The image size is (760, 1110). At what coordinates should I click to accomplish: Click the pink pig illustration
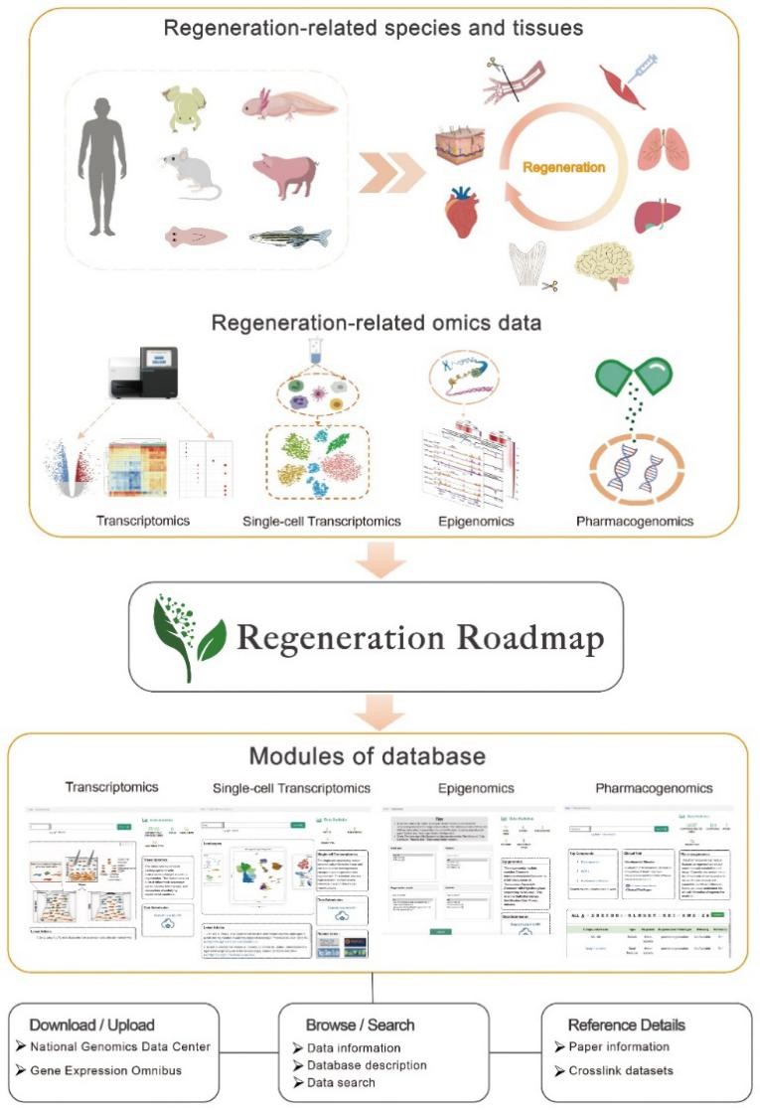(285, 175)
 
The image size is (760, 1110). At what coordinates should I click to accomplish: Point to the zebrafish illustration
(289, 237)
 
